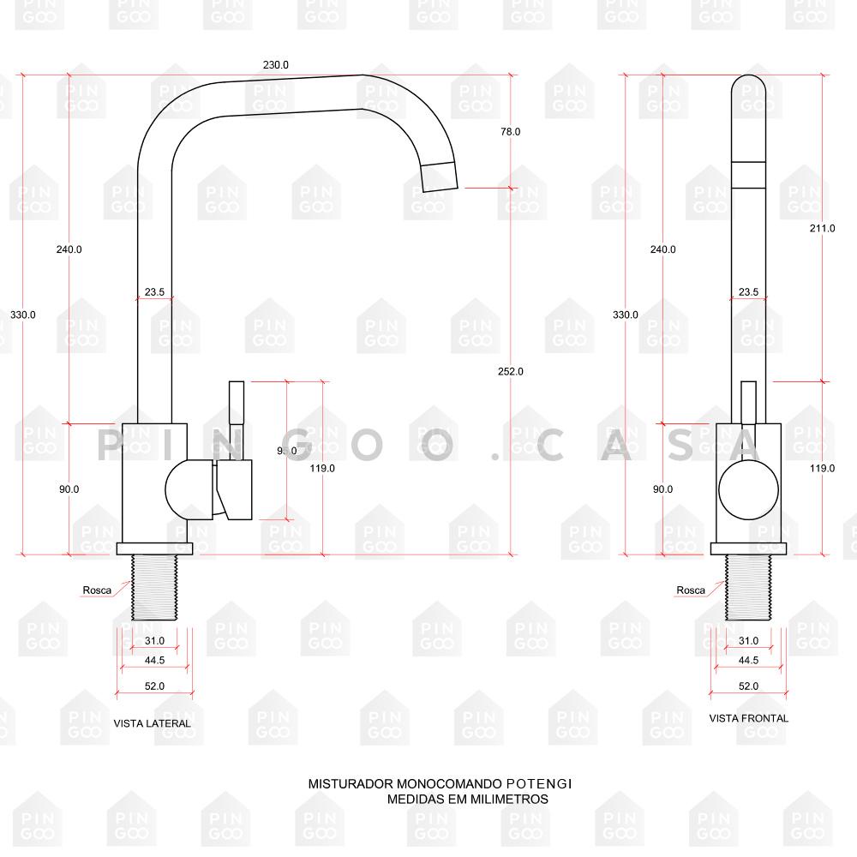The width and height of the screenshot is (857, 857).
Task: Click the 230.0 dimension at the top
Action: (x=276, y=65)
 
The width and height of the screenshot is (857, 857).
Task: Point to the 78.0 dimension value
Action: (x=510, y=132)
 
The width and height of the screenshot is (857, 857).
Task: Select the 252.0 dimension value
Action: (x=510, y=371)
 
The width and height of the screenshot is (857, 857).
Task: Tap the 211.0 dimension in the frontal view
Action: (x=822, y=228)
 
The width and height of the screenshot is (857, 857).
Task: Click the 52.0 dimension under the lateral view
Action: (x=154, y=686)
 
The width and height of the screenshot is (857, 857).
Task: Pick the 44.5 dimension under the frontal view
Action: (x=748, y=661)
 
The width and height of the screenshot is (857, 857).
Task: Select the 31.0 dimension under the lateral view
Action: (x=154, y=641)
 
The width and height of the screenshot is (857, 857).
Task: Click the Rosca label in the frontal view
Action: (x=690, y=590)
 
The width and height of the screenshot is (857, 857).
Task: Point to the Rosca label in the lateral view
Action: (x=97, y=590)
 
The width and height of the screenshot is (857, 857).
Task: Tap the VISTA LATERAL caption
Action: (x=152, y=724)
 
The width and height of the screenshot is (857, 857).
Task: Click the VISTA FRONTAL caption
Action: (x=748, y=718)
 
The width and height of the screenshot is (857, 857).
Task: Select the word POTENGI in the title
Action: (x=539, y=783)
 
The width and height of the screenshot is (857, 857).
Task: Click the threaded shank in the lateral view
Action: (x=154, y=587)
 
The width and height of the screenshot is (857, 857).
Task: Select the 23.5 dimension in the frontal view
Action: (x=748, y=292)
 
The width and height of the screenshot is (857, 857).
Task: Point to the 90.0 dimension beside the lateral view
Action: (x=69, y=489)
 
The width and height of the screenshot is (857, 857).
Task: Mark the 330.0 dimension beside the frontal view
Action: (x=625, y=315)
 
